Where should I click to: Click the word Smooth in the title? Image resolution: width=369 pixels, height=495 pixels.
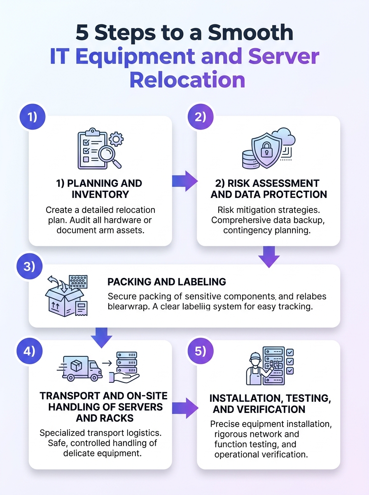pyautogui.click(x=250, y=33)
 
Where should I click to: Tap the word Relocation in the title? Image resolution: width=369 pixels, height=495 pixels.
pyautogui.click(x=187, y=80)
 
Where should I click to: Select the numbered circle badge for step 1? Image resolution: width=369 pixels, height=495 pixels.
pyautogui.click(x=33, y=117)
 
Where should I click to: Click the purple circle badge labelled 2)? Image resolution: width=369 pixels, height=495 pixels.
pyautogui.click(x=201, y=117)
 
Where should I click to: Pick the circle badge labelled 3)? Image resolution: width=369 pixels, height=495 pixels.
pyautogui.click(x=30, y=266)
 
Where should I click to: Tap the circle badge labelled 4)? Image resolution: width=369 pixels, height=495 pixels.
pyautogui.click(x=30, y=351)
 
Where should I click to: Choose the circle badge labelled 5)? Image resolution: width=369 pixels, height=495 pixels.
pyautogui.click(x=201, y=351)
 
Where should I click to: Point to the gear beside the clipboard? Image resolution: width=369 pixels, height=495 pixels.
pyautogui.click(x=116, y=139)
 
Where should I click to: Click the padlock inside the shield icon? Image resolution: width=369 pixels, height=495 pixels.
pyautogui.click(x=266, y=150)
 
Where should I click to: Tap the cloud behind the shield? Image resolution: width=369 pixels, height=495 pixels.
pyautogui.click(x=285, y=137)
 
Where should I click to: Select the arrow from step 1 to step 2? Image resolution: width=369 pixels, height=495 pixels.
pyautogui.click(x=184, y=181)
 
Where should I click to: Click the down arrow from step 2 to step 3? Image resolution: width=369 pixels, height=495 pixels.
pyautogui.click(x=269, y=257)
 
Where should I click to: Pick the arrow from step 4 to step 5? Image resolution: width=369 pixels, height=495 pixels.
pyautogui.click(x=185, y=408)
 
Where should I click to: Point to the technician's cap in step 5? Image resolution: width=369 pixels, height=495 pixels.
pyautogui.click(x=255, y=356)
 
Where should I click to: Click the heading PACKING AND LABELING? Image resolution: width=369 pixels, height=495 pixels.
pyautogui.click(x=167, y=282)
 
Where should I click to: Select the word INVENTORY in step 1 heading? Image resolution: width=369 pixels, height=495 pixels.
pyautogui.click(x=100, y=194)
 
